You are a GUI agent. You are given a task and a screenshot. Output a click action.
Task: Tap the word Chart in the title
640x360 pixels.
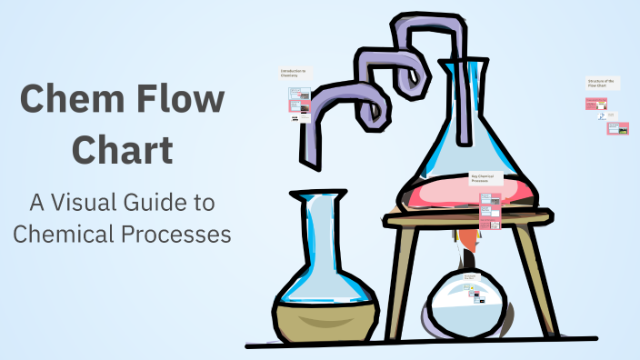pyautogui.click(x=123, y=149)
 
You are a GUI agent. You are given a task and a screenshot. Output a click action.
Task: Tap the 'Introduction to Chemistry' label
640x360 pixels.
pyautogui.click(x=294, y=73)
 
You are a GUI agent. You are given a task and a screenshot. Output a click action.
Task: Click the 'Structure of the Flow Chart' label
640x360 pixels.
pyautogui.click(x=603, y=84)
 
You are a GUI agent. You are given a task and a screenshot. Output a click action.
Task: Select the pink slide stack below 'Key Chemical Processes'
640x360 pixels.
pyautogui.click(x=490, y=213)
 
